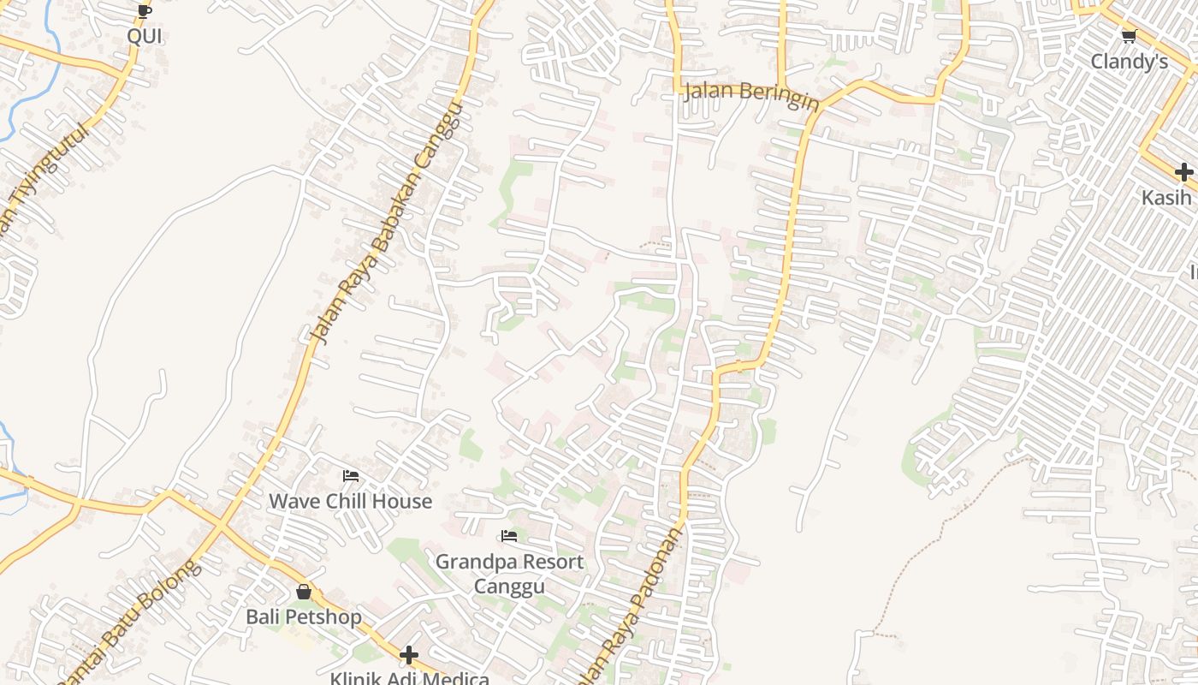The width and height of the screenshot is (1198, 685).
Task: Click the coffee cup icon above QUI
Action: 144,11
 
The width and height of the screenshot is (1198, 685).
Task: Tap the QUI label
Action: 145,36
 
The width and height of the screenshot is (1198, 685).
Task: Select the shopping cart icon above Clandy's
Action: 1129,36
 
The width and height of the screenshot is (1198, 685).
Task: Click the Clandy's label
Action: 1129,62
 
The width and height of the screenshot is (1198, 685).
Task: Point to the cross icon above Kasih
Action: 1183,172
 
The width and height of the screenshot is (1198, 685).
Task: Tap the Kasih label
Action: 1166,198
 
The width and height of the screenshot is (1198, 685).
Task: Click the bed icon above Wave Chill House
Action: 350,476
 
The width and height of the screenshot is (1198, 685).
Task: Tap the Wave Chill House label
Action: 350,501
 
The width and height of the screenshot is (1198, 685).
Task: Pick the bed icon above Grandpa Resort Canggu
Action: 509,537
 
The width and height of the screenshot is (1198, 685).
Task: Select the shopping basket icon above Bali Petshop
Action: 304,592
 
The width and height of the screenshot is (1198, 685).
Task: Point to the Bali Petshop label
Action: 304,616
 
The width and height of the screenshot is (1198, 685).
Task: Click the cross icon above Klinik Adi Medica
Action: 409,656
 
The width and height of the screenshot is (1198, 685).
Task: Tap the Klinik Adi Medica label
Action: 409,679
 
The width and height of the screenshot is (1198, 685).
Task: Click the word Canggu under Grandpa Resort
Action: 509,587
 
